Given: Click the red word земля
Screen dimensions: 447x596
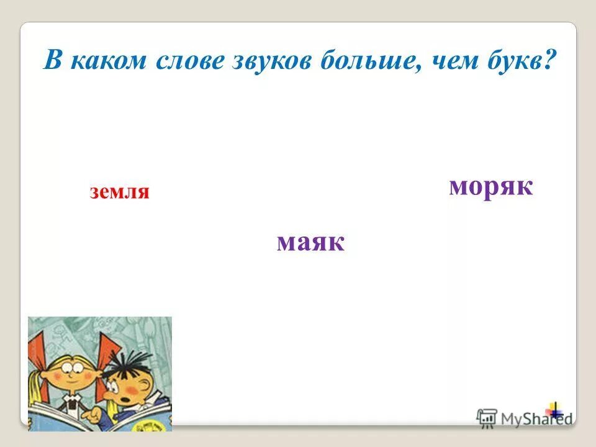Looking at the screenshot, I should (120, 192).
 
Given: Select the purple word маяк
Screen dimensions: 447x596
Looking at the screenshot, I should (310, 242).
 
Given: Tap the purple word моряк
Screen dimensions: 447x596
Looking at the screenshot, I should (490, 186).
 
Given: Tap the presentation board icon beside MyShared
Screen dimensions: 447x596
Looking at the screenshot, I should (487, 417).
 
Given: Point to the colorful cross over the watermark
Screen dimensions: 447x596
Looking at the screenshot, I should (554, 410).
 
